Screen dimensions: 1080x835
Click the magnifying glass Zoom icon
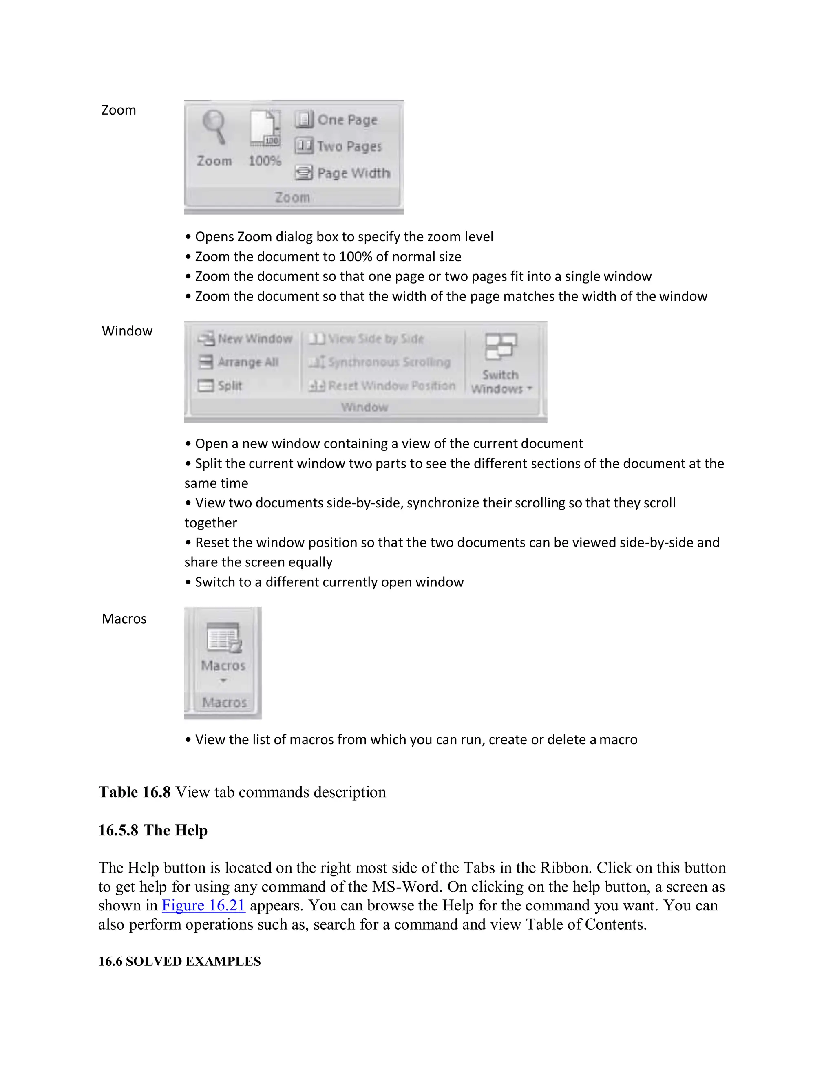(x=214, y=128)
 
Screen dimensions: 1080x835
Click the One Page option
(x=337, y=120)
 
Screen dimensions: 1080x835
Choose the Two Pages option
(x=339, y=146)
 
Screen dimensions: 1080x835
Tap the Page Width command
(x=343, y=173)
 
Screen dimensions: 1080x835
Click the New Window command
(x=245, y=339)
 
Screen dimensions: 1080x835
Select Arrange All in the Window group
(x=239, y=362)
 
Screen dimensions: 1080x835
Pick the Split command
(x=221, y=385)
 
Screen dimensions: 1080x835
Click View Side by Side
(x=367, y=339)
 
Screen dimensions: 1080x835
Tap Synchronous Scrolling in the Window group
(x=380, y=362)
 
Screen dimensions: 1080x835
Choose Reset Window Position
(x=382, y=385)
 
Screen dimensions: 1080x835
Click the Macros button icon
(x=223, y=638)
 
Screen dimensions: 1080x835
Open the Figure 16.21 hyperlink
(x=203, y=906)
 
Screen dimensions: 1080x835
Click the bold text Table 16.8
(x=135, y=792)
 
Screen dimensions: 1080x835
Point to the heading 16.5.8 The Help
(x=153, y=830)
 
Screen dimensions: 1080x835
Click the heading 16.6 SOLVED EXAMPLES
(x=179, y=961)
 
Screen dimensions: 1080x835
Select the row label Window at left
(x=127, y=331)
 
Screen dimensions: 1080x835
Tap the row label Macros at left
(x=124, y=619)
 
